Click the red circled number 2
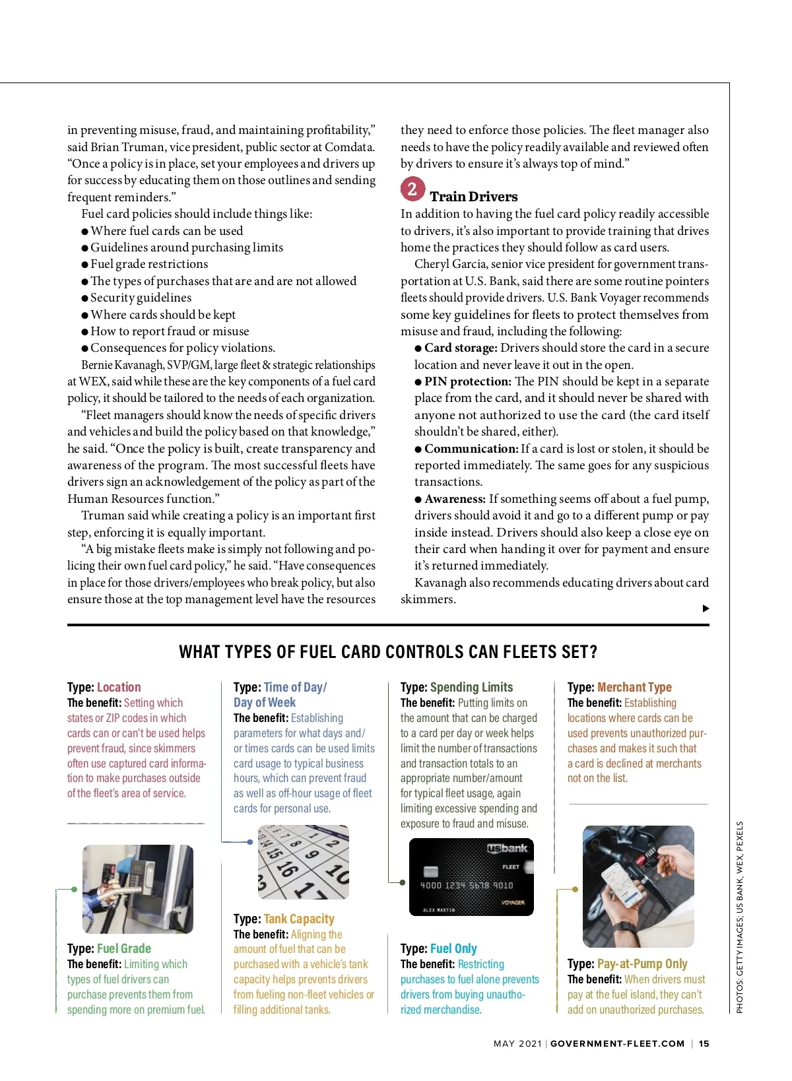[x=412, y=189]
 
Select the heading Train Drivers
[x=473, y=197]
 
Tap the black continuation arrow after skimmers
[x=706, y=608]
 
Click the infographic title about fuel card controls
[x=388, y=652]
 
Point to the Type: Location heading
[x=104, y=687]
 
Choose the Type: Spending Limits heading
[x=456, y=687]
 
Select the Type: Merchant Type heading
[x=619, y=687]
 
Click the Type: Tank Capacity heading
[x=284, y=919]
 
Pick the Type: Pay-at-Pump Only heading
[x=627, y=964]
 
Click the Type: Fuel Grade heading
[x=109, y=948]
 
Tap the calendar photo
[x=303, y=862]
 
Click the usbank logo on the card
[x=507, y=849]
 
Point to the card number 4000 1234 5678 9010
[x=466, y=886]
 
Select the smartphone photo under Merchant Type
[x=638, y=886]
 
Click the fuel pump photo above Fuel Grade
[x=137, y=889]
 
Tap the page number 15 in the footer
[x=704, y=1043]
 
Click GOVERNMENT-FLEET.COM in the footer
[x=617, y=1043]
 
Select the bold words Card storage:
[x=461, y=348]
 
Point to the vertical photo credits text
[x=740, y=917]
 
